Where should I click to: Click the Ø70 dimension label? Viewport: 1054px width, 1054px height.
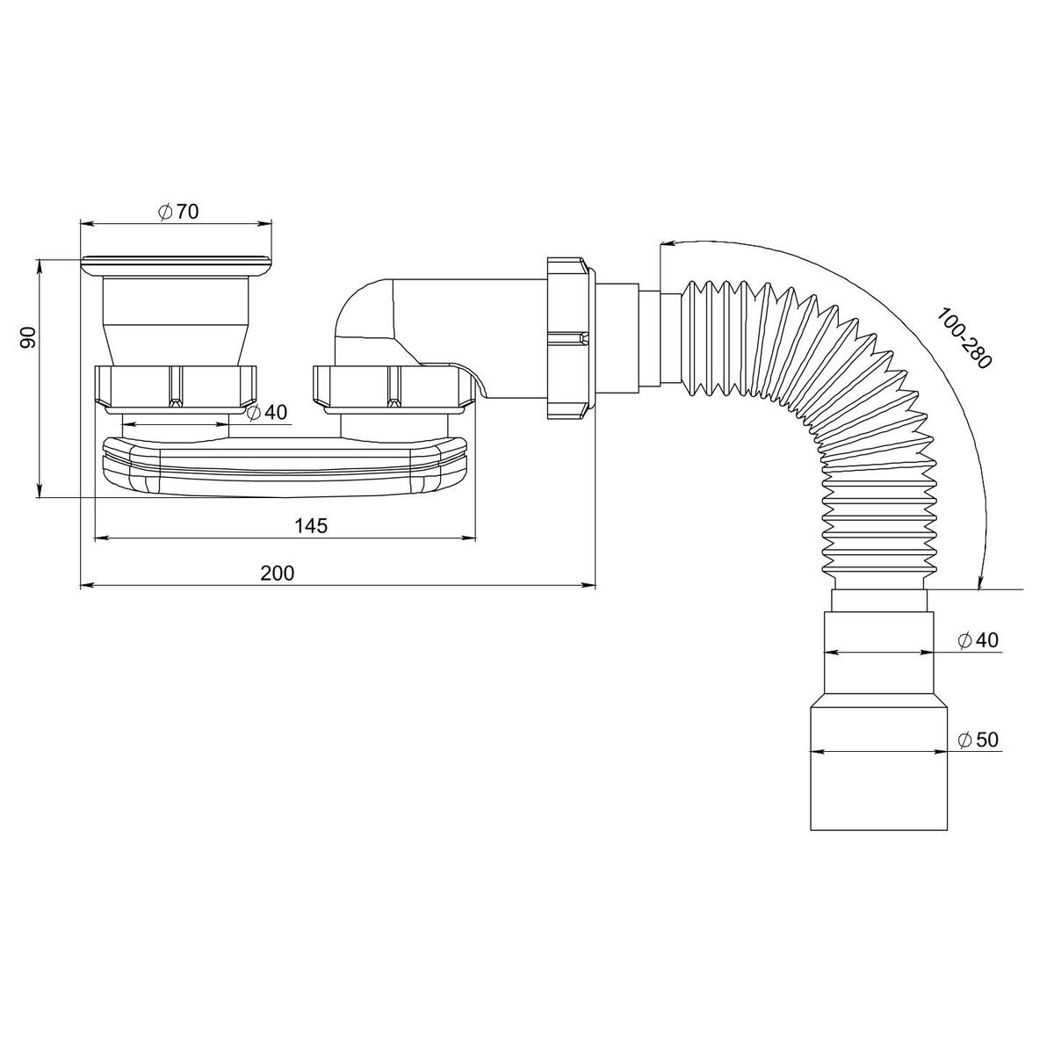(178, 212)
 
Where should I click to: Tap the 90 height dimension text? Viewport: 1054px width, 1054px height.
(28, 337)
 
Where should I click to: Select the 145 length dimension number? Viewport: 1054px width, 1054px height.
(311, 525)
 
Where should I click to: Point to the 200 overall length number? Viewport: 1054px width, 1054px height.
(278, 574)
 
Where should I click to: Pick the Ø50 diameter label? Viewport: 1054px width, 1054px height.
(978, 740)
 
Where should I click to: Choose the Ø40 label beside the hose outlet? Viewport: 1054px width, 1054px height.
(978, 640)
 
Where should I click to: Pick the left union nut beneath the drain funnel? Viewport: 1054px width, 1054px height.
(176, 386)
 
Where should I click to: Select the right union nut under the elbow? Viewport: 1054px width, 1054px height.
(392, 386)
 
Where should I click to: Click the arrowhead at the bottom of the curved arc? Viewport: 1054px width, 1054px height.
(979, 583)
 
